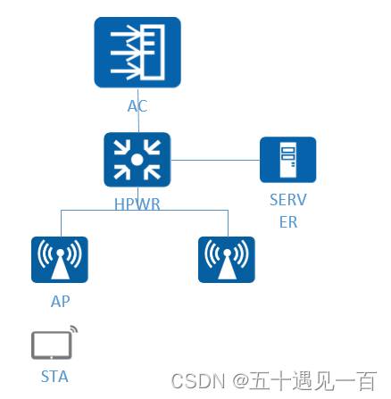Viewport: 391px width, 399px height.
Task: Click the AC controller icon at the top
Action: (137, 52)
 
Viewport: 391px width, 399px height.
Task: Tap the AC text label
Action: (137, 106)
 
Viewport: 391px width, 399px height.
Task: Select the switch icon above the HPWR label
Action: (137, 161)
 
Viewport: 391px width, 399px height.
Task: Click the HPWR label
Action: (137, 204)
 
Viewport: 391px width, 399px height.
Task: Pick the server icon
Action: (287, 160)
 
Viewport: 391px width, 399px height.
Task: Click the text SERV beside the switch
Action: (287, 200)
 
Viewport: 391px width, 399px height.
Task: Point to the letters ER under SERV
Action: (287, 222)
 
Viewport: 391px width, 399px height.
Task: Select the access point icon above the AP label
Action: (60, 260)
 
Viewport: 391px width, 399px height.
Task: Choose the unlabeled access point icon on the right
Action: (227, 260)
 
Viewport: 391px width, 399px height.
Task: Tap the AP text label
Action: (60, 302)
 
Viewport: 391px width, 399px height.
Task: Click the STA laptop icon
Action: (52, 345)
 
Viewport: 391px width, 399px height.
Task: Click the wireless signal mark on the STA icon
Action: (73, 328)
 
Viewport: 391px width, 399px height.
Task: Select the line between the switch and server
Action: (214, 161)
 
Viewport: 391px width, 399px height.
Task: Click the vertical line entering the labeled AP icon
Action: (60, 223)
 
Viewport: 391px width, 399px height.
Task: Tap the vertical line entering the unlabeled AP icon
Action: (227, 223)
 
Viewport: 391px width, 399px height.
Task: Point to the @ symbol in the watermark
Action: (242, 381)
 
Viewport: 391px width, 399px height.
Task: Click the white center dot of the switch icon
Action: (137, 161)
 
